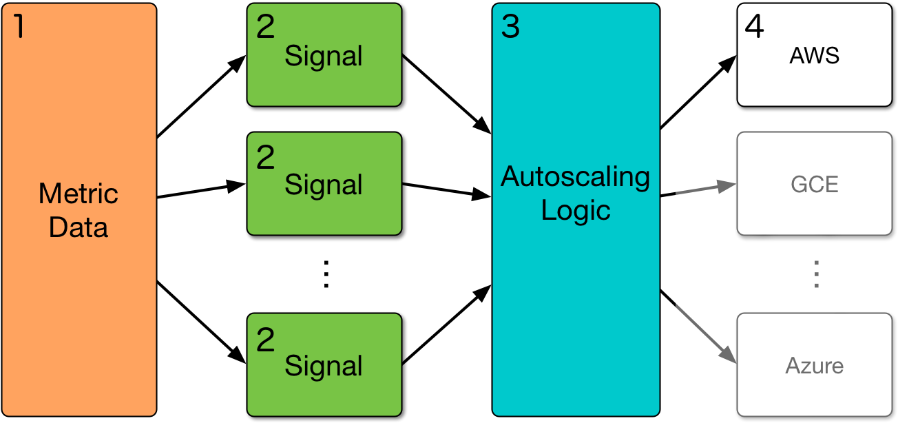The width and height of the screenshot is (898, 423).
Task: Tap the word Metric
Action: coord(79,194)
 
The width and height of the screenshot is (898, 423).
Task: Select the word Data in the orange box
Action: coord(79,227)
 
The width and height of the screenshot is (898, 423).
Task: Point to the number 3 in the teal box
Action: coord(510,26)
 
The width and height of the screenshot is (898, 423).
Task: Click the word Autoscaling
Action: coord(575,177)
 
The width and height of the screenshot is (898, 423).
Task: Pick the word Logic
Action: coord(576,210)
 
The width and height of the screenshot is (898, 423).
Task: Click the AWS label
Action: coord(814,56)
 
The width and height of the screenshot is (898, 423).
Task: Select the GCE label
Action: coord(814,185)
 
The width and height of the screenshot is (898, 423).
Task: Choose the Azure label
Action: coord(814,366)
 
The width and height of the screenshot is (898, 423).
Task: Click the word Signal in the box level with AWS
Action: coord(324,56)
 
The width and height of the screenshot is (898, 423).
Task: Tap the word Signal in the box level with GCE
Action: coord(324,185)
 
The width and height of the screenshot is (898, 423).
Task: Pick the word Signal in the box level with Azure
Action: coord(324,366)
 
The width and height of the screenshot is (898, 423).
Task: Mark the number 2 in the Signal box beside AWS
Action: coord(265,27)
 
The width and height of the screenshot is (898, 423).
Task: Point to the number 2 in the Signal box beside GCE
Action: coord(265,158)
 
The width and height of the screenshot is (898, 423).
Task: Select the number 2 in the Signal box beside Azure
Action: coord(265,340)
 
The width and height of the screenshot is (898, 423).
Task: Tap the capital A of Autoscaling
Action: coord(510,177)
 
